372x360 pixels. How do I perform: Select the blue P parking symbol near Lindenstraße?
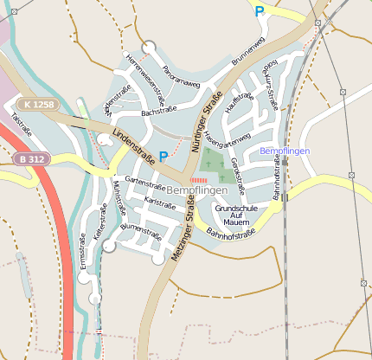click(x=164, y=157)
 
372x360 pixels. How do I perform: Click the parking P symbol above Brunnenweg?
click(x=259, y=11)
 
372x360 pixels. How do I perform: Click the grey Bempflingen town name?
click(x=196, y=190)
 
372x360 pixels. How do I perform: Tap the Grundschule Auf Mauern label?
click(x=231, y=215)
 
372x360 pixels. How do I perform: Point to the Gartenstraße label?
click(x=145, y=182)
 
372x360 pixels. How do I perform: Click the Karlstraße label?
click(x=160, y=201)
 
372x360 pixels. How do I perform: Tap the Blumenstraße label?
click(x=141, y=230)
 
